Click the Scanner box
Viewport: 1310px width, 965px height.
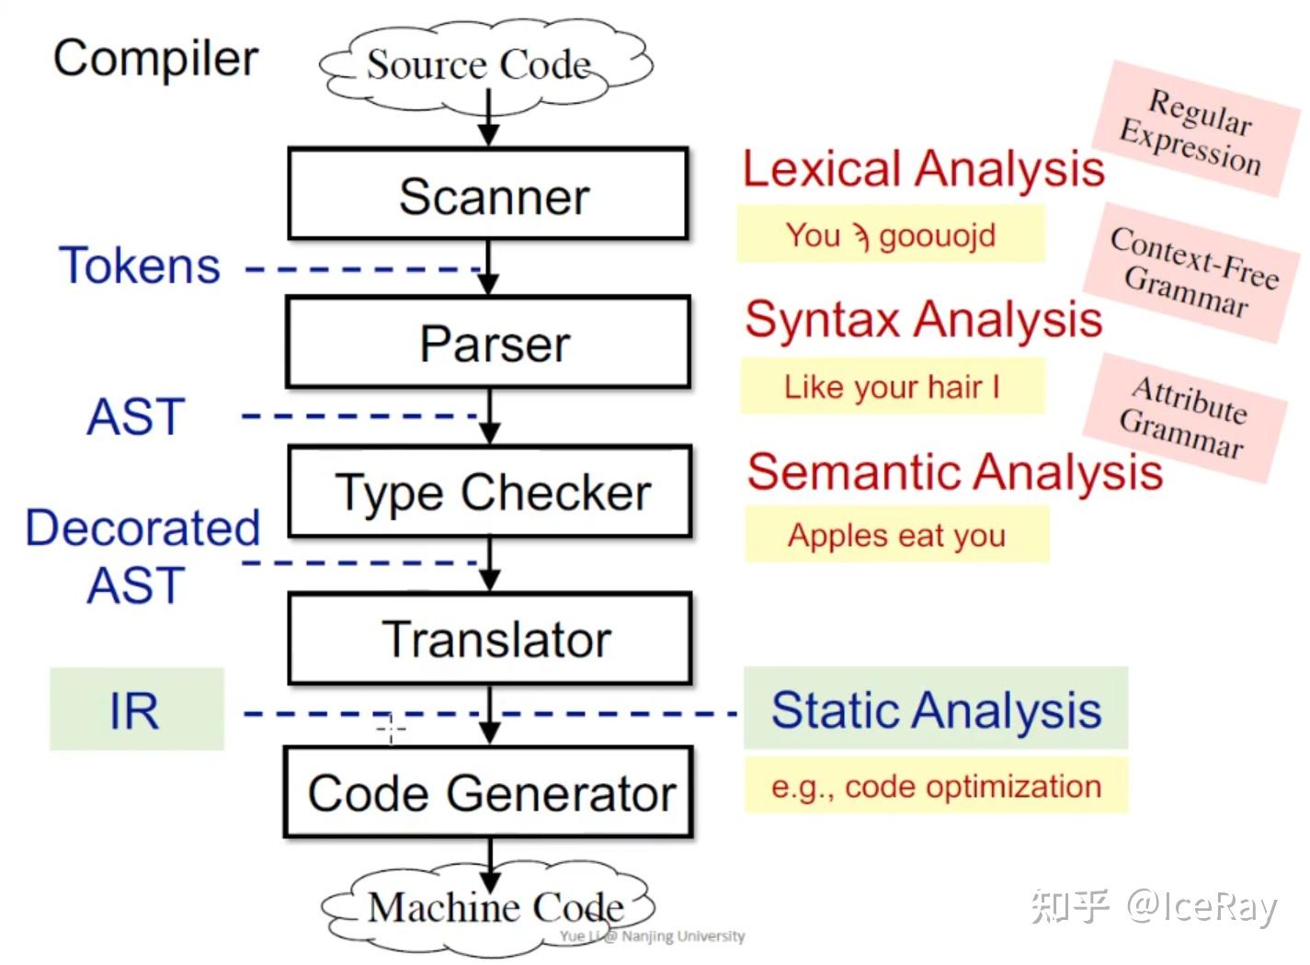click(x=488, y=195)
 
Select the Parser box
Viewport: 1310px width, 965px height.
click(x=488, y=342)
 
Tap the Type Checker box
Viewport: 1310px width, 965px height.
click(x=490, y=492)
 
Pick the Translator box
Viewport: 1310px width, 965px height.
click(x=490, y=639)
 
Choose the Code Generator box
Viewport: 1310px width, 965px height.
click(x=489, y=792)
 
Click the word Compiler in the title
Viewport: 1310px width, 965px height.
click(x=155, y=58)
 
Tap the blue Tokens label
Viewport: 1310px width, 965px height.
click(x=140, y=266)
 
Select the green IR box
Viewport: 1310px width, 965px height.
click(x=136, y=710)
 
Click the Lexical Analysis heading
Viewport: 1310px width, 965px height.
click(x=922, y=169)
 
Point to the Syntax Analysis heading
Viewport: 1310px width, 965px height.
click(x=923, y=319)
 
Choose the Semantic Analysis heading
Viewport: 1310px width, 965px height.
click(x=954, y=471)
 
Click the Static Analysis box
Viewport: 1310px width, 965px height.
click(x=935, y=709)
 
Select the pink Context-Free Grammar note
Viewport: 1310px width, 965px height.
click(x=1192, y=272)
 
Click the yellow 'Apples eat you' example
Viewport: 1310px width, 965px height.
click(x=896, y=534)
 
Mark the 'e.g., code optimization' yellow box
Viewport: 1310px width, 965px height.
click(x=935, y=786)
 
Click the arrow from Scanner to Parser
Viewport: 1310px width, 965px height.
click(x=489, y=267)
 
